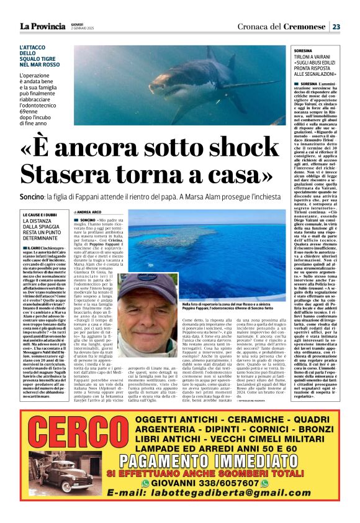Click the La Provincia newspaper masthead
pos(42,26)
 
